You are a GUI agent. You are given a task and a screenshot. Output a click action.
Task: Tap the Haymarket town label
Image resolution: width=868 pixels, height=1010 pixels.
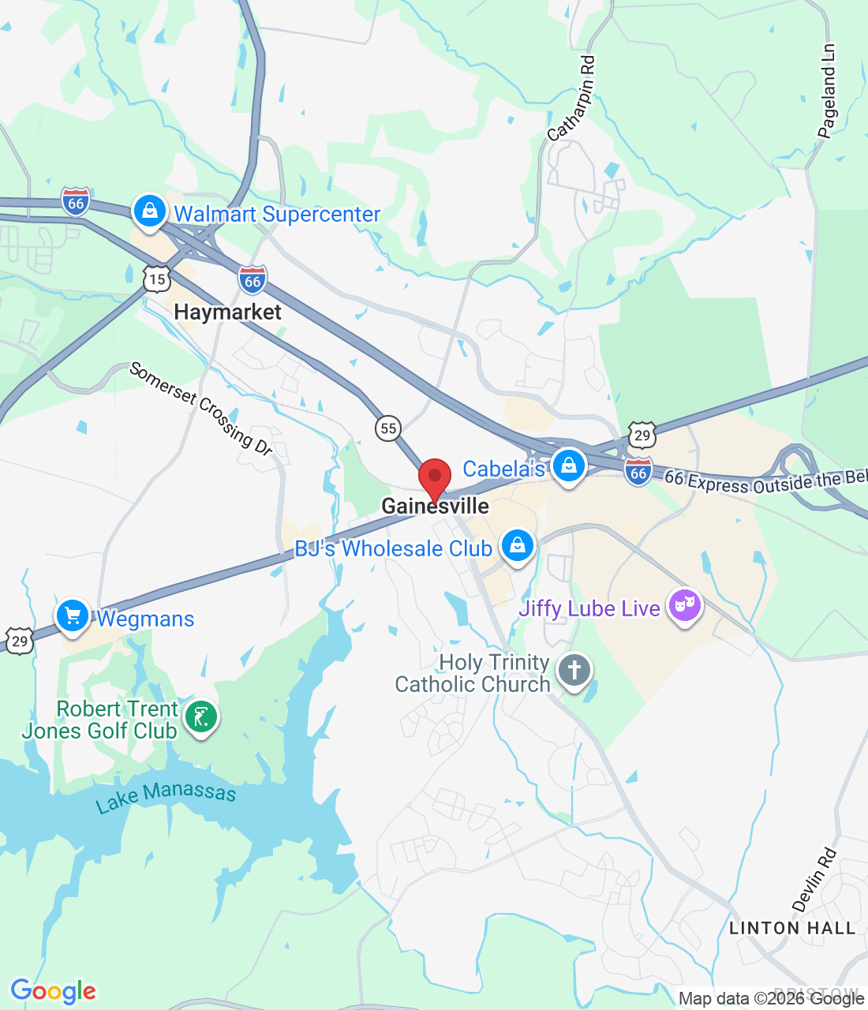[x=227, y=312]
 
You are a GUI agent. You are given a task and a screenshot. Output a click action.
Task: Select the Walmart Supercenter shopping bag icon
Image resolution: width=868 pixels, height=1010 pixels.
[x=149, y=211]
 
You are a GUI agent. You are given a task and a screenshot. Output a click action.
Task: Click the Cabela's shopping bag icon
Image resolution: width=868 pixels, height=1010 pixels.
[x=568, y=466]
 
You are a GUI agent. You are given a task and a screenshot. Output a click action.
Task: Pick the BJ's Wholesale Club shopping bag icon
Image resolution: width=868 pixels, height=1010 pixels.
[x=518, y=545]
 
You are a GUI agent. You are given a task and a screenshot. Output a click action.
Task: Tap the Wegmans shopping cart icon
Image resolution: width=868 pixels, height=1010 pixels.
[x=73, y=615]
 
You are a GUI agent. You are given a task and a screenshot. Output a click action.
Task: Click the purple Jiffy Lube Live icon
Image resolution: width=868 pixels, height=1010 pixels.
[x=685, y=606]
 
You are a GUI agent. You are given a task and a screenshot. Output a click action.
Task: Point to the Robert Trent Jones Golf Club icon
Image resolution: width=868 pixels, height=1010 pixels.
[x=200, y=717]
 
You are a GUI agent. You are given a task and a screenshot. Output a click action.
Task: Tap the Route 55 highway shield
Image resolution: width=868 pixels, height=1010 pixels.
[x=387, y=428]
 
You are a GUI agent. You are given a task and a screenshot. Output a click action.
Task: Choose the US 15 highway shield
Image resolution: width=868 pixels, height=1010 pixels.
[x=157, y=279]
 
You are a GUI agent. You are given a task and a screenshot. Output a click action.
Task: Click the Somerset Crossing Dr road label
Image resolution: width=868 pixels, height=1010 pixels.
[x=200, y=408]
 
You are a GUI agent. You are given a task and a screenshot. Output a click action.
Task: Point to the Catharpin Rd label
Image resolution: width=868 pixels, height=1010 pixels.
[x=572, y=98]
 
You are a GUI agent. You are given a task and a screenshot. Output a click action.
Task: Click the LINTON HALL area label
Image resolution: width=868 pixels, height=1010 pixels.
[x=792, y=928]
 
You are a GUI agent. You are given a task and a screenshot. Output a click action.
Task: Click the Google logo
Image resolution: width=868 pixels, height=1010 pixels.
[x=53, y=991]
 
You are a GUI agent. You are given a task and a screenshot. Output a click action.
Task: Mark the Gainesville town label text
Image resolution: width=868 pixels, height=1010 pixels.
[x=436, y=506]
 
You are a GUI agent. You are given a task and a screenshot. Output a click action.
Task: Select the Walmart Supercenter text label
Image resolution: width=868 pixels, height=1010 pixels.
[x=277, y=214]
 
